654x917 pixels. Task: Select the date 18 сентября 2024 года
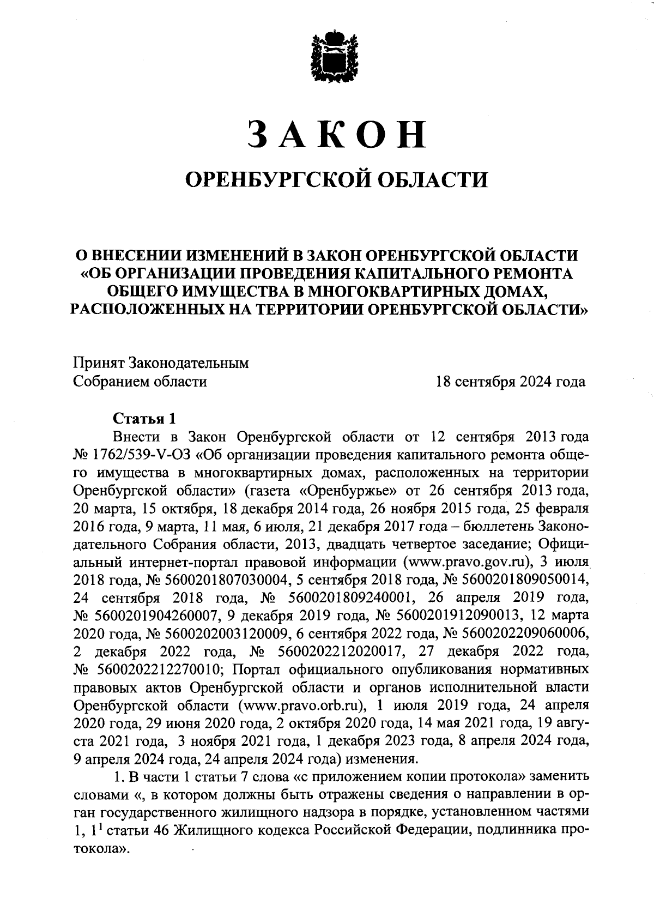click(x=510, y=382)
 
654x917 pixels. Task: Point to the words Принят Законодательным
click(x=161, y=363)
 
